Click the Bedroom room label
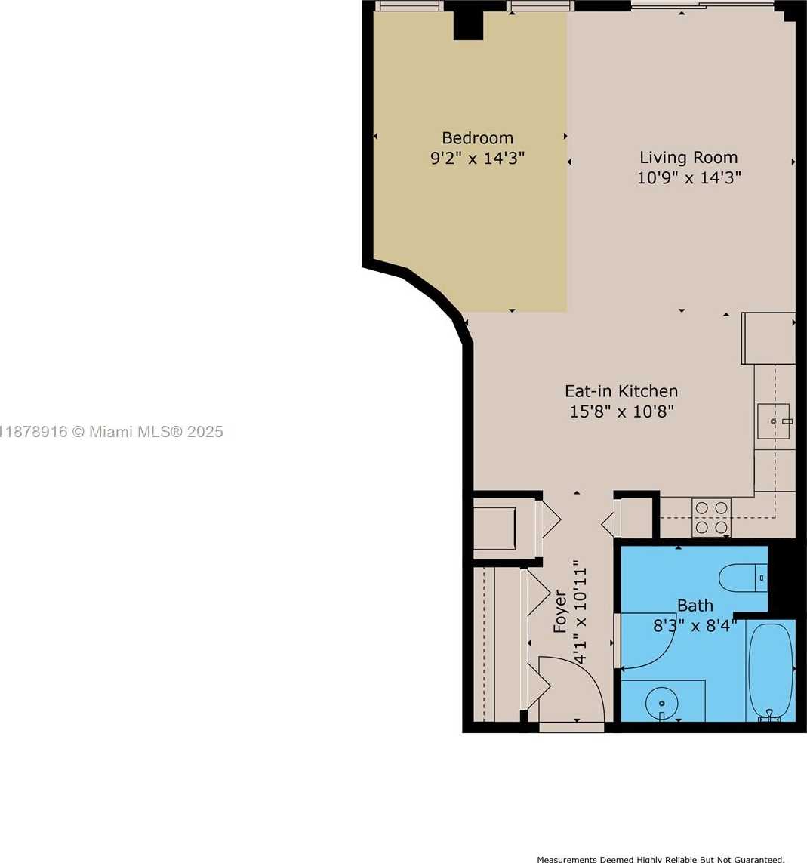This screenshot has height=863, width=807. [477, 137]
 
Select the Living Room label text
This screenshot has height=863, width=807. [688, 157]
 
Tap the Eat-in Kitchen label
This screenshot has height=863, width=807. [621, 391]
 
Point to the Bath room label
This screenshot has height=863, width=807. [695, 606]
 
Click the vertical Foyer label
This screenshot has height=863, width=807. [559, 612]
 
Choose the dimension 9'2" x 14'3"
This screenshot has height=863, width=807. [477, 159]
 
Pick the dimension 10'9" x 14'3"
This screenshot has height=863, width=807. [688, 177]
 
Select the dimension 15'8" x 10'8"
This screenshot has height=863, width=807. [621, 411]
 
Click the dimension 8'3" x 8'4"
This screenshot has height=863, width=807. [695, 626]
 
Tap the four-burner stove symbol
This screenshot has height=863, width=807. [711, 517]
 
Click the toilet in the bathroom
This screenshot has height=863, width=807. [743, 578]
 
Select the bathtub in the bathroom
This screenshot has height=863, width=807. [771, 671]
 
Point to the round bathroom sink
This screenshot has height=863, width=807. [661, 704]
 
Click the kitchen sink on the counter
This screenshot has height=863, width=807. [774, 421]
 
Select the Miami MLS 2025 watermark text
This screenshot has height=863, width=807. [111, 432]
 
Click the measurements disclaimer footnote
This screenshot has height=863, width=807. [661, 859]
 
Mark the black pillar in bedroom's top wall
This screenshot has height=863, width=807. [469, 25]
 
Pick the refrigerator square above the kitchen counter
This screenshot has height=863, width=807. [768, 338]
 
